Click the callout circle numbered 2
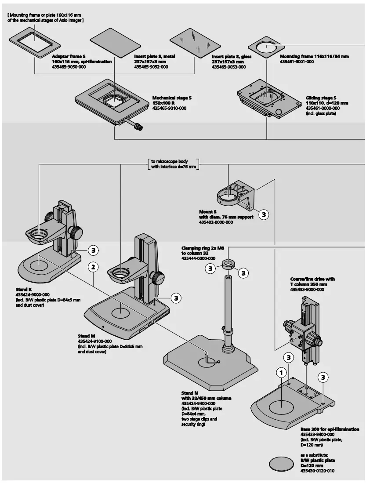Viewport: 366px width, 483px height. (92, 266)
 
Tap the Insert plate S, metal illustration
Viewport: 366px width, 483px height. (110, 42)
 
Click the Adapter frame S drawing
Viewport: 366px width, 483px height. (34, 42)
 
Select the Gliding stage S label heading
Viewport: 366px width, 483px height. (321, 98)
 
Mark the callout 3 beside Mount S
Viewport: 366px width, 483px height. (263, 214)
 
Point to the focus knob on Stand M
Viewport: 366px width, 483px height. (158, 278)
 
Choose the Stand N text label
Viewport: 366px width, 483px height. (190, 393)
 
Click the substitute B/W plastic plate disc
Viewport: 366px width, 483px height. (281, 463)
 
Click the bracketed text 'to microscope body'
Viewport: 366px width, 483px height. (173, 162)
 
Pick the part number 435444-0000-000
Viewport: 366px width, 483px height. (198, 258)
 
